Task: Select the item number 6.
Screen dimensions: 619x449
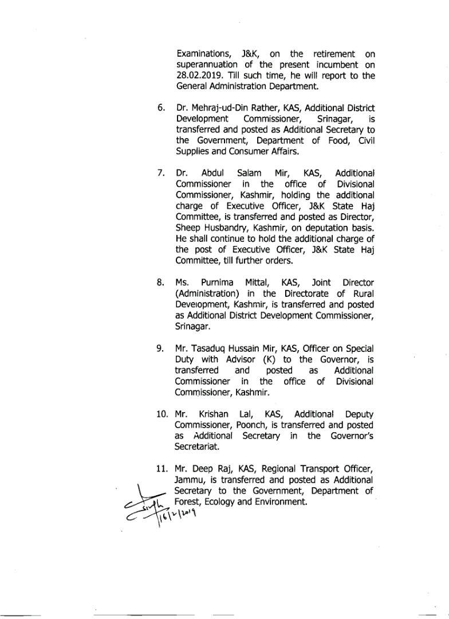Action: pos(162,108)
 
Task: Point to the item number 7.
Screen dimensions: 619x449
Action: pos(162,173)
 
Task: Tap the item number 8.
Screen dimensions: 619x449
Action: pos(162,283)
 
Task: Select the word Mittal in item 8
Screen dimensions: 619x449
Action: pos(261,283)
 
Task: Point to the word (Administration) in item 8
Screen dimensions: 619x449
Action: pos(209,293)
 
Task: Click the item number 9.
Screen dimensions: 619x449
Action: pos(162,348)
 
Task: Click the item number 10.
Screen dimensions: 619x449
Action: pos(163,414)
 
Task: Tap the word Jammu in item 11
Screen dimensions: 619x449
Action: pos(190,479)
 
